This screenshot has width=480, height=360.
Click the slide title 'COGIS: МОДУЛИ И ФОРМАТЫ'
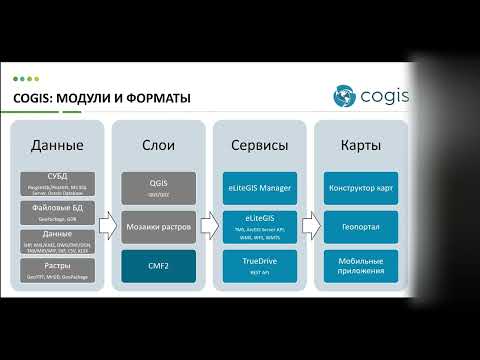[101, 97]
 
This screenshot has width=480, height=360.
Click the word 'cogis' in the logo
[381, 97]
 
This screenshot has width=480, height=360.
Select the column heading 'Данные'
[56, 146]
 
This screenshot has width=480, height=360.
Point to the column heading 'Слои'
[158, 146]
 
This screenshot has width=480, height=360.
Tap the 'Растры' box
[57, 267]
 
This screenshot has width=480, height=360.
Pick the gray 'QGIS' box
[158, 185]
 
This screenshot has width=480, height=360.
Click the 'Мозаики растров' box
[158, 226]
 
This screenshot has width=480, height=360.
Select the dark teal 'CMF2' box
[158, 266]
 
